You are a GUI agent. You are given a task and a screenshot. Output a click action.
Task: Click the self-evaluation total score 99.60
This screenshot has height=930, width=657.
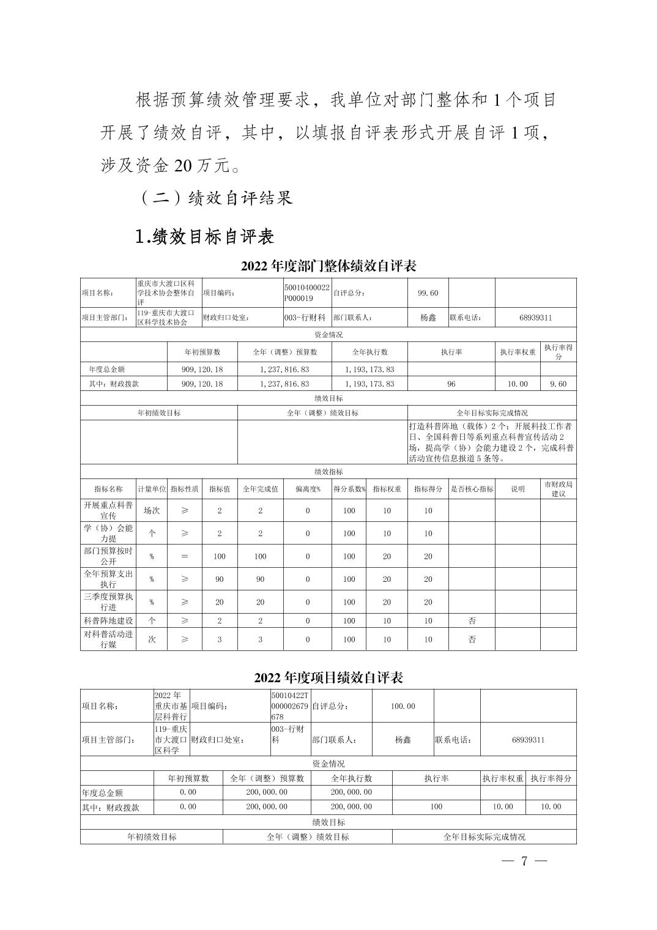click(428, 293)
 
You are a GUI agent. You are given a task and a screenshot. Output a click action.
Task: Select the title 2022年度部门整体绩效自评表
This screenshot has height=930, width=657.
click(328, 266)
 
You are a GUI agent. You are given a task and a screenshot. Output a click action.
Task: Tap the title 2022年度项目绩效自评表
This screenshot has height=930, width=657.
click(328, 678)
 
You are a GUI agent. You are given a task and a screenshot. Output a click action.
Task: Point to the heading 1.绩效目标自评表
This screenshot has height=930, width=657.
click(204, 236)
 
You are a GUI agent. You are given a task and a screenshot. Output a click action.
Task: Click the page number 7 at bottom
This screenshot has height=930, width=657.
click(524, 861)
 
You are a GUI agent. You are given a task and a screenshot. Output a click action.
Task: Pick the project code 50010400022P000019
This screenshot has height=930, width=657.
click(306, 293)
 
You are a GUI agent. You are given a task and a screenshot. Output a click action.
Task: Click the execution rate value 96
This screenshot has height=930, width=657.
click(451, 384)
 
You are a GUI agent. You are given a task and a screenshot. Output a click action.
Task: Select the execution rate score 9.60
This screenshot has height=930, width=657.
click(558, 384)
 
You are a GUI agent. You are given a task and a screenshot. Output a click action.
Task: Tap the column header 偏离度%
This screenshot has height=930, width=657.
click(307, 489)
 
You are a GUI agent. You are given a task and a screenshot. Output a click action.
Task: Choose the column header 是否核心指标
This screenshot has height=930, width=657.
click(472, 489)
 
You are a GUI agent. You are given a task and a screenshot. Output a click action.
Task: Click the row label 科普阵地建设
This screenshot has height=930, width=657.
click(108, 620)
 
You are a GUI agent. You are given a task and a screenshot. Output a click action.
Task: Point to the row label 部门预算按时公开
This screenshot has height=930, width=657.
click(108, 556)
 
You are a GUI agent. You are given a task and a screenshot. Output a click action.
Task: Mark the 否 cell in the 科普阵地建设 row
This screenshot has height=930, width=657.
click(472, 620)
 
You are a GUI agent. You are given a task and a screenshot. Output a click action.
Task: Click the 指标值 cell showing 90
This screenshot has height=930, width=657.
click(220, 579)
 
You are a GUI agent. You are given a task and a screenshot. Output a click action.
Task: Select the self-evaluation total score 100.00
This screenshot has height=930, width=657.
click(403, 706)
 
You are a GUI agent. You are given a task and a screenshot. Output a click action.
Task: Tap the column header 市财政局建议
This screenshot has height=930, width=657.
click(558, 489)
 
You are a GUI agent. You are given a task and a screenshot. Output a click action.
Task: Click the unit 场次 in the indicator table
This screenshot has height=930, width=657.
click(152, 510)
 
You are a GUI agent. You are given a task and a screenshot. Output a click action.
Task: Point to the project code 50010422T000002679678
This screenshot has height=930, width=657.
click(290, 706)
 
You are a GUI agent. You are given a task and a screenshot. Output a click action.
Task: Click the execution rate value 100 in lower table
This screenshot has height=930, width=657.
click(436, 806)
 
